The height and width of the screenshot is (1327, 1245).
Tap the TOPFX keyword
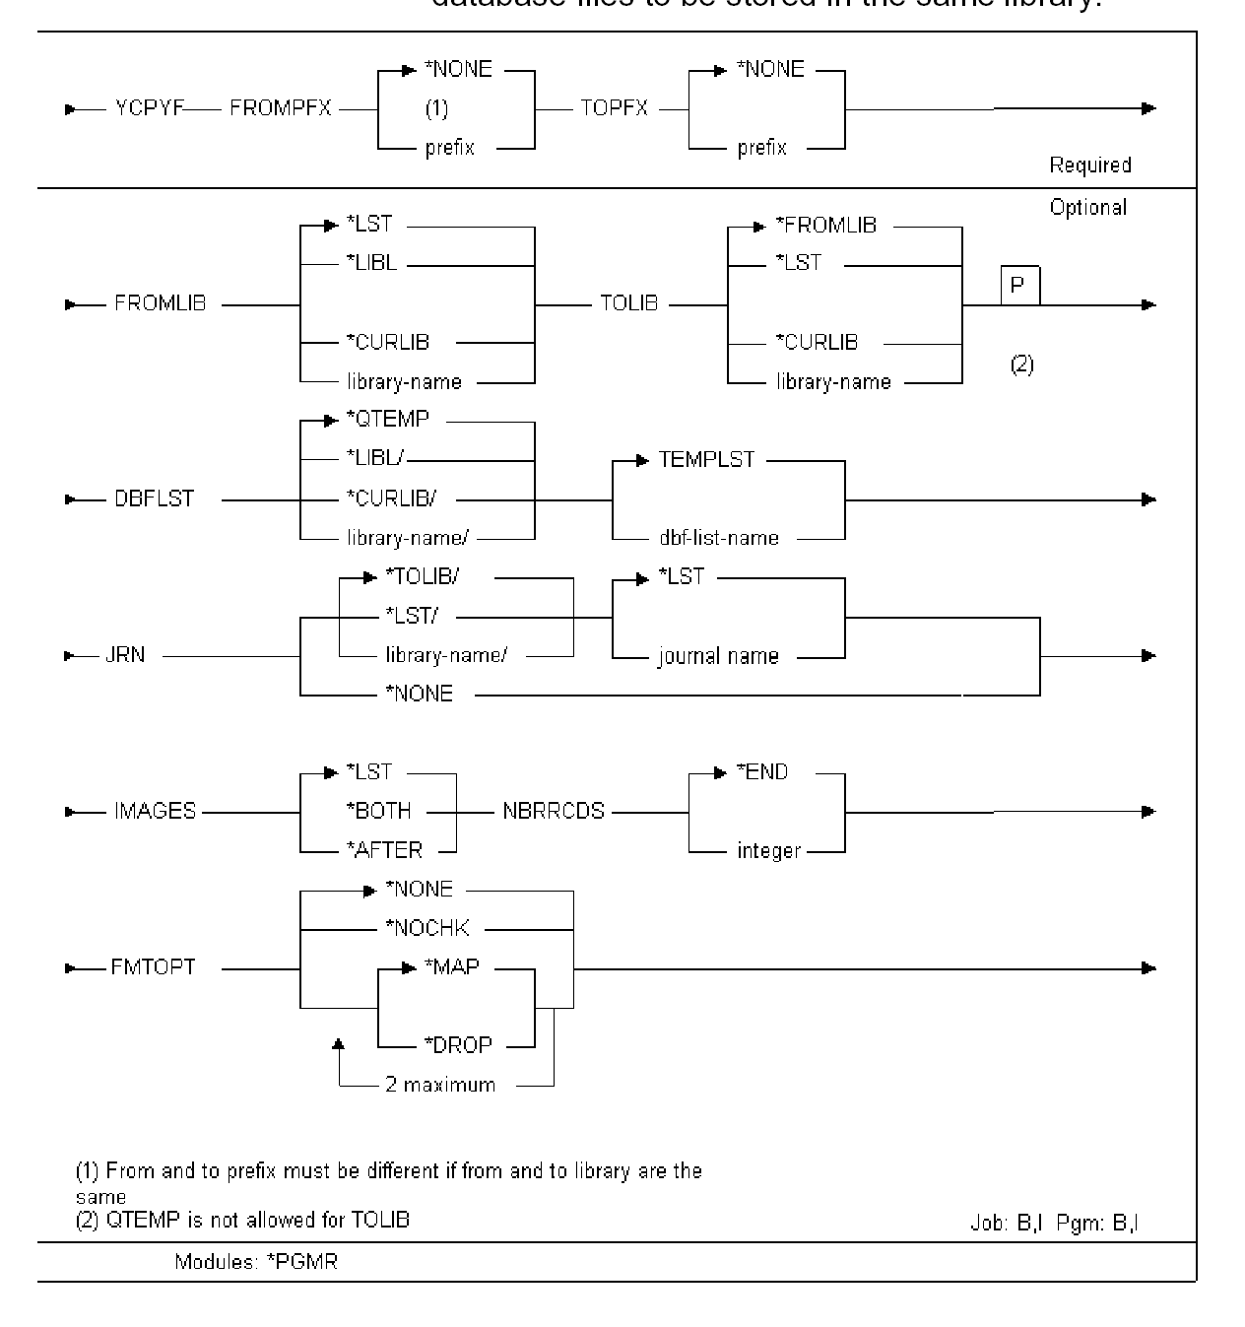(615, 108)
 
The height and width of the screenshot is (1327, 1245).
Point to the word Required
(1089, 166)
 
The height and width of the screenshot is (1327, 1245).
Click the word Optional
(1087, 208)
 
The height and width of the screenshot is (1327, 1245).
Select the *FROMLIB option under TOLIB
(825, 226)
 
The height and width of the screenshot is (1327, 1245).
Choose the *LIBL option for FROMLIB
(371, 264)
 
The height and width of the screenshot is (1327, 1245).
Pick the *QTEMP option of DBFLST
(387, 420)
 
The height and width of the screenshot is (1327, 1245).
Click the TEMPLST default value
(706, 459)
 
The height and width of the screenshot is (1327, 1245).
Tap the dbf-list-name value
(718, 538)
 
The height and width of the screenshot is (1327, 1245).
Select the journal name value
(718, 656)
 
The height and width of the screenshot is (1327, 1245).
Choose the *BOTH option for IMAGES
(378, 811)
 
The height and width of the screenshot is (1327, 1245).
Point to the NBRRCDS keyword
(553, 812)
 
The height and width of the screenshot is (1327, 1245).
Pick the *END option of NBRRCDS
(762, 772)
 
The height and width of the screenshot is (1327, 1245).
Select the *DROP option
(458, 1045)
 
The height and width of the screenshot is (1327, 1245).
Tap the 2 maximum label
(440, 1085)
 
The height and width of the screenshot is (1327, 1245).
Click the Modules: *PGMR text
(256, 1261)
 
